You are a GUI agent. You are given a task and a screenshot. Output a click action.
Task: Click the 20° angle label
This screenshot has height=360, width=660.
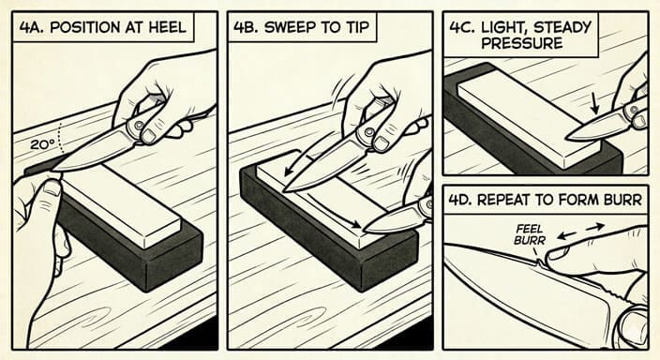pos(43,144)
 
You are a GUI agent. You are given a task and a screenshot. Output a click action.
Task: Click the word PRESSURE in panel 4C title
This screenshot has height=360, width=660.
pos(522,43)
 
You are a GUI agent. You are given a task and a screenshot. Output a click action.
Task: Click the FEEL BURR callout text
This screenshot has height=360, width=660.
pos(530,235)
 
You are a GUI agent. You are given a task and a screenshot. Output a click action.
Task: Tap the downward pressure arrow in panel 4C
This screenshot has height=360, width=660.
pos(594,103)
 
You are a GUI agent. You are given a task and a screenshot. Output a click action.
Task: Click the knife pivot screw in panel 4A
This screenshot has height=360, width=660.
pos(136,126)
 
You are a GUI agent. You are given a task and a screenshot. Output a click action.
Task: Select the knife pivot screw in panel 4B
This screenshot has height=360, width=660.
pos(369,132)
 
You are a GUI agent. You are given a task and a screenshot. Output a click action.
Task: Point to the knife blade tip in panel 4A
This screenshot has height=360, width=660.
pos(53,170)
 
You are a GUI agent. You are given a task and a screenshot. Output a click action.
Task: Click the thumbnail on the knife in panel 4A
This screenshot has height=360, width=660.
pos(148,136)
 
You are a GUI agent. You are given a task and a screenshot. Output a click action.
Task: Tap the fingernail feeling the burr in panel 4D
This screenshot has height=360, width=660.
pos(557,253)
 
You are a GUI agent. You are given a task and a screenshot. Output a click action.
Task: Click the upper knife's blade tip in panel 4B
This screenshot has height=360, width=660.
pos(285,190)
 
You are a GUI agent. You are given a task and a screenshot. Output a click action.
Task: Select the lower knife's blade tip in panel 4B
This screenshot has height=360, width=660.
pos(365,230)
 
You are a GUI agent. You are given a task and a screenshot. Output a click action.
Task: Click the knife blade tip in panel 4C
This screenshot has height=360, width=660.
pos(567,137)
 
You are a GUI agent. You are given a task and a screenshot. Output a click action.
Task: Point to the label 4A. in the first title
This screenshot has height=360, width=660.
pos(33,28)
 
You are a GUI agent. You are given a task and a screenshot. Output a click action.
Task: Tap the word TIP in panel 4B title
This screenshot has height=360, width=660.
pos(357,28)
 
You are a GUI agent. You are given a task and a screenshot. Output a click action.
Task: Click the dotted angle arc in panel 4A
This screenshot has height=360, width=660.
pos(61,138)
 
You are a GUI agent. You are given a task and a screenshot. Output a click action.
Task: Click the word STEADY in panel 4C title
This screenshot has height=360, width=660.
pos(562,28)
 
